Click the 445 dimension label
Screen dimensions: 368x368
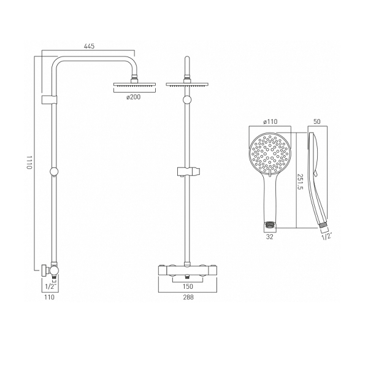89,46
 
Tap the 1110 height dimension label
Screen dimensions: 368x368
29,162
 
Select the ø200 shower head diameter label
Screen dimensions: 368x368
134,97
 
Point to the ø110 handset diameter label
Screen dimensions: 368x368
270,121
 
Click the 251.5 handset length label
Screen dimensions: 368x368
301,182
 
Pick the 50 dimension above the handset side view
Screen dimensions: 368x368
317,121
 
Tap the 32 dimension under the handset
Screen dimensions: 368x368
270,237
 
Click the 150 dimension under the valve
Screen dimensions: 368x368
188,286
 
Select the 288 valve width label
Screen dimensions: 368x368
188,297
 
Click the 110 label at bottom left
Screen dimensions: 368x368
49,297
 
